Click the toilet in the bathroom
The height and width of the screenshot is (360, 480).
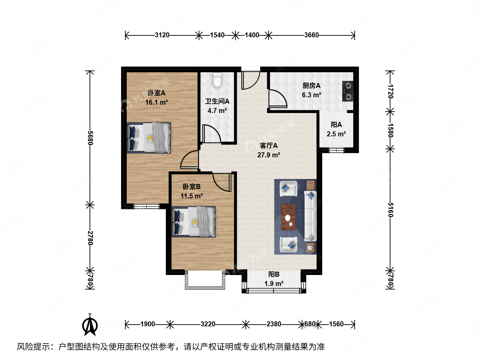tap(217, 80)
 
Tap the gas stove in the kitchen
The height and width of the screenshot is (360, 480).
tap(348, 91)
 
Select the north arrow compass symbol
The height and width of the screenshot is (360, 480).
tap(90, 325)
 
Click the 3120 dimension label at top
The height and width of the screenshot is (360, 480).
tap(162, 35)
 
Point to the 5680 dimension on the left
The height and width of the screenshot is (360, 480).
tap(90, 138)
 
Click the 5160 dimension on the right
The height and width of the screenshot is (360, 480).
tap(390, 210)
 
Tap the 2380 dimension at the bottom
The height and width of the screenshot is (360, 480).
tap(274, 324)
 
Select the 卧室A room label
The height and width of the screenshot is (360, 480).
tap(156, 93)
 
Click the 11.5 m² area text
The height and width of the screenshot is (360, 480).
tap(192, 196)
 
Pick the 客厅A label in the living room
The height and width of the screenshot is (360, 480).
tap(269, 146)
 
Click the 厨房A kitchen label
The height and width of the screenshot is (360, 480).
tap(311, 86)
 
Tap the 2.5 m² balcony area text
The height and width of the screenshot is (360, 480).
tap(336, 134)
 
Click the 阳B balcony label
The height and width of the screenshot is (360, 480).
tap(274, 274)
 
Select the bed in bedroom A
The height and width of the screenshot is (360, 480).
tap(149, 138)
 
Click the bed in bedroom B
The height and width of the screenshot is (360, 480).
tap(194, 222)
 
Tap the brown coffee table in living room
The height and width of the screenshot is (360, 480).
tap(289, 217)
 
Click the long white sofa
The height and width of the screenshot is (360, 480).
tap(310, 216)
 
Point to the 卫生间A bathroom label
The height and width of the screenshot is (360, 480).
tap(217, 101)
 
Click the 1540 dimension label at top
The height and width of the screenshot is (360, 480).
tap(217, 35)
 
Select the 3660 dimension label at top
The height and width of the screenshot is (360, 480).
tap(311, 35)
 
